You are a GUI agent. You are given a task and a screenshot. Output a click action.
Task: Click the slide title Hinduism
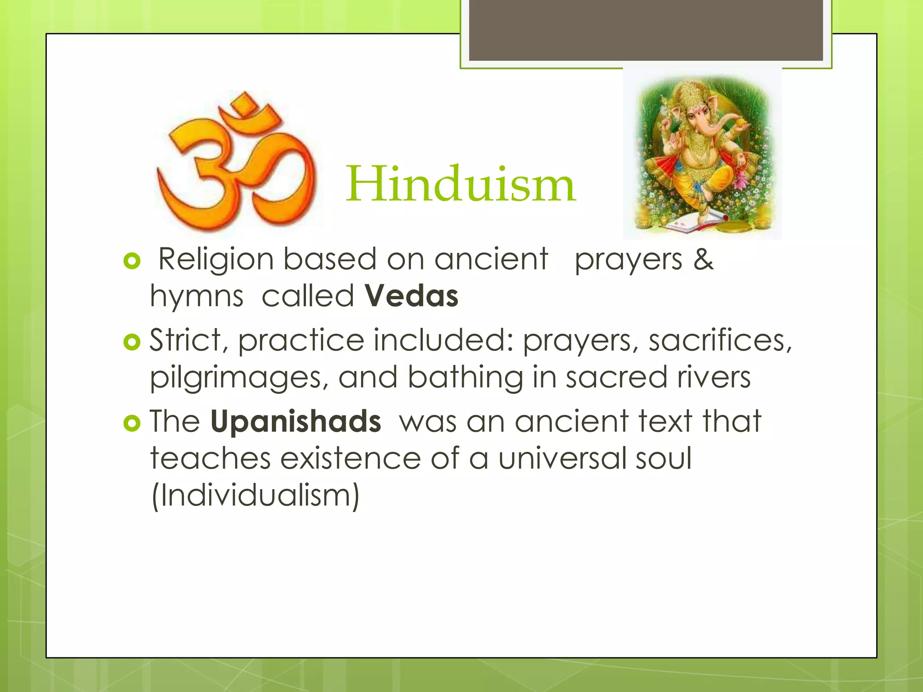click(461, 185)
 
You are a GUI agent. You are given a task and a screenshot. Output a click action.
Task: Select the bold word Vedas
click(411, 296)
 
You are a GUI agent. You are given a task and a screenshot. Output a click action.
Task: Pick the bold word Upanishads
click(296, 422)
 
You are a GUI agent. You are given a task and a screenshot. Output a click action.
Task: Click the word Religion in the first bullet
click(216, 260)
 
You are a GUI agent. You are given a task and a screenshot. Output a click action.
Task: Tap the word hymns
click(196, 296)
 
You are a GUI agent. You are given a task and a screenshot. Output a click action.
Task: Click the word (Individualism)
click(255, 496)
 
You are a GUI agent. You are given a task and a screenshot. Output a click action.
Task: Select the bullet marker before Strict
click(132, 342)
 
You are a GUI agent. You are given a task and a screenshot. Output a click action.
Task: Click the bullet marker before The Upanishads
click(132, 423)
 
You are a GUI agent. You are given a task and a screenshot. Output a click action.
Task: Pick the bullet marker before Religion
click(132, 261)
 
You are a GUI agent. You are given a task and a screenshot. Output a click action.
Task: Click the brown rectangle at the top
click(645, 30)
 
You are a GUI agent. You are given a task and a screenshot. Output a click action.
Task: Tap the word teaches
click(210, 458)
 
